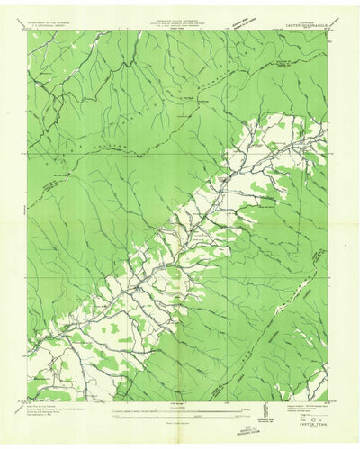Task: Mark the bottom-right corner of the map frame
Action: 331,397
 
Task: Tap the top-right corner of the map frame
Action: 331,31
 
